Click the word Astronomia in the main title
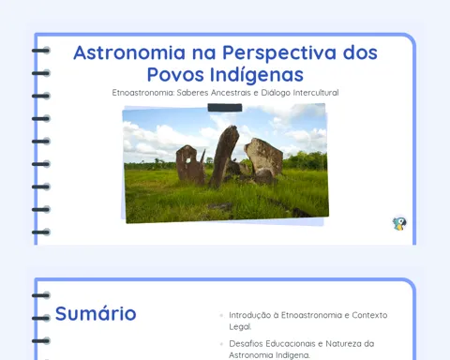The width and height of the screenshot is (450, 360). (x=129, y=52)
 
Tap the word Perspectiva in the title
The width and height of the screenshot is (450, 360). (x=279, y=53)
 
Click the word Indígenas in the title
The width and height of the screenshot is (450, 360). (x=257, y=76)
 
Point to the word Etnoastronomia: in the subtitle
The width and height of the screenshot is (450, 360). (x=143, y=93)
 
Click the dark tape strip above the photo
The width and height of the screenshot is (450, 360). (x=225, y=108)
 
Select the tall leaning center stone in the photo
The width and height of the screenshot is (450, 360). (x=223, y=157)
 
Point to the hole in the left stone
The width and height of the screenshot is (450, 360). (x=188, y=160)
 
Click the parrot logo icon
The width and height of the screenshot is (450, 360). (x=399, y=223)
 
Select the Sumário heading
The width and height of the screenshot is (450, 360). (x=96, y=313)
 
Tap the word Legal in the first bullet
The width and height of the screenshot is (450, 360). (x=239, y=327)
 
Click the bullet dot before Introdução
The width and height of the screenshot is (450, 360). (x=221, y=315)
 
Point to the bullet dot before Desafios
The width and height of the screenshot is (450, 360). (x=221, y=344)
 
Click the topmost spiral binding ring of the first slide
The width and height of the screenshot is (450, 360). (x=41, y=51)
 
